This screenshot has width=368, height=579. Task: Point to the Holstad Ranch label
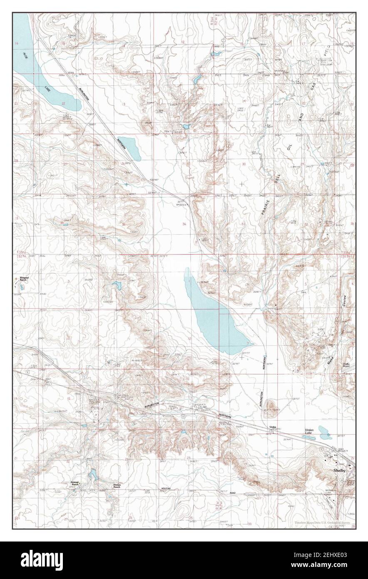[75, 484]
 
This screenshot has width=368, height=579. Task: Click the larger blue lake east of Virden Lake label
[325, 432]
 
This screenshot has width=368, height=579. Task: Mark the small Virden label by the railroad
[273, 427]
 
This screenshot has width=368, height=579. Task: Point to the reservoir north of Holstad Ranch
[93, 474]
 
